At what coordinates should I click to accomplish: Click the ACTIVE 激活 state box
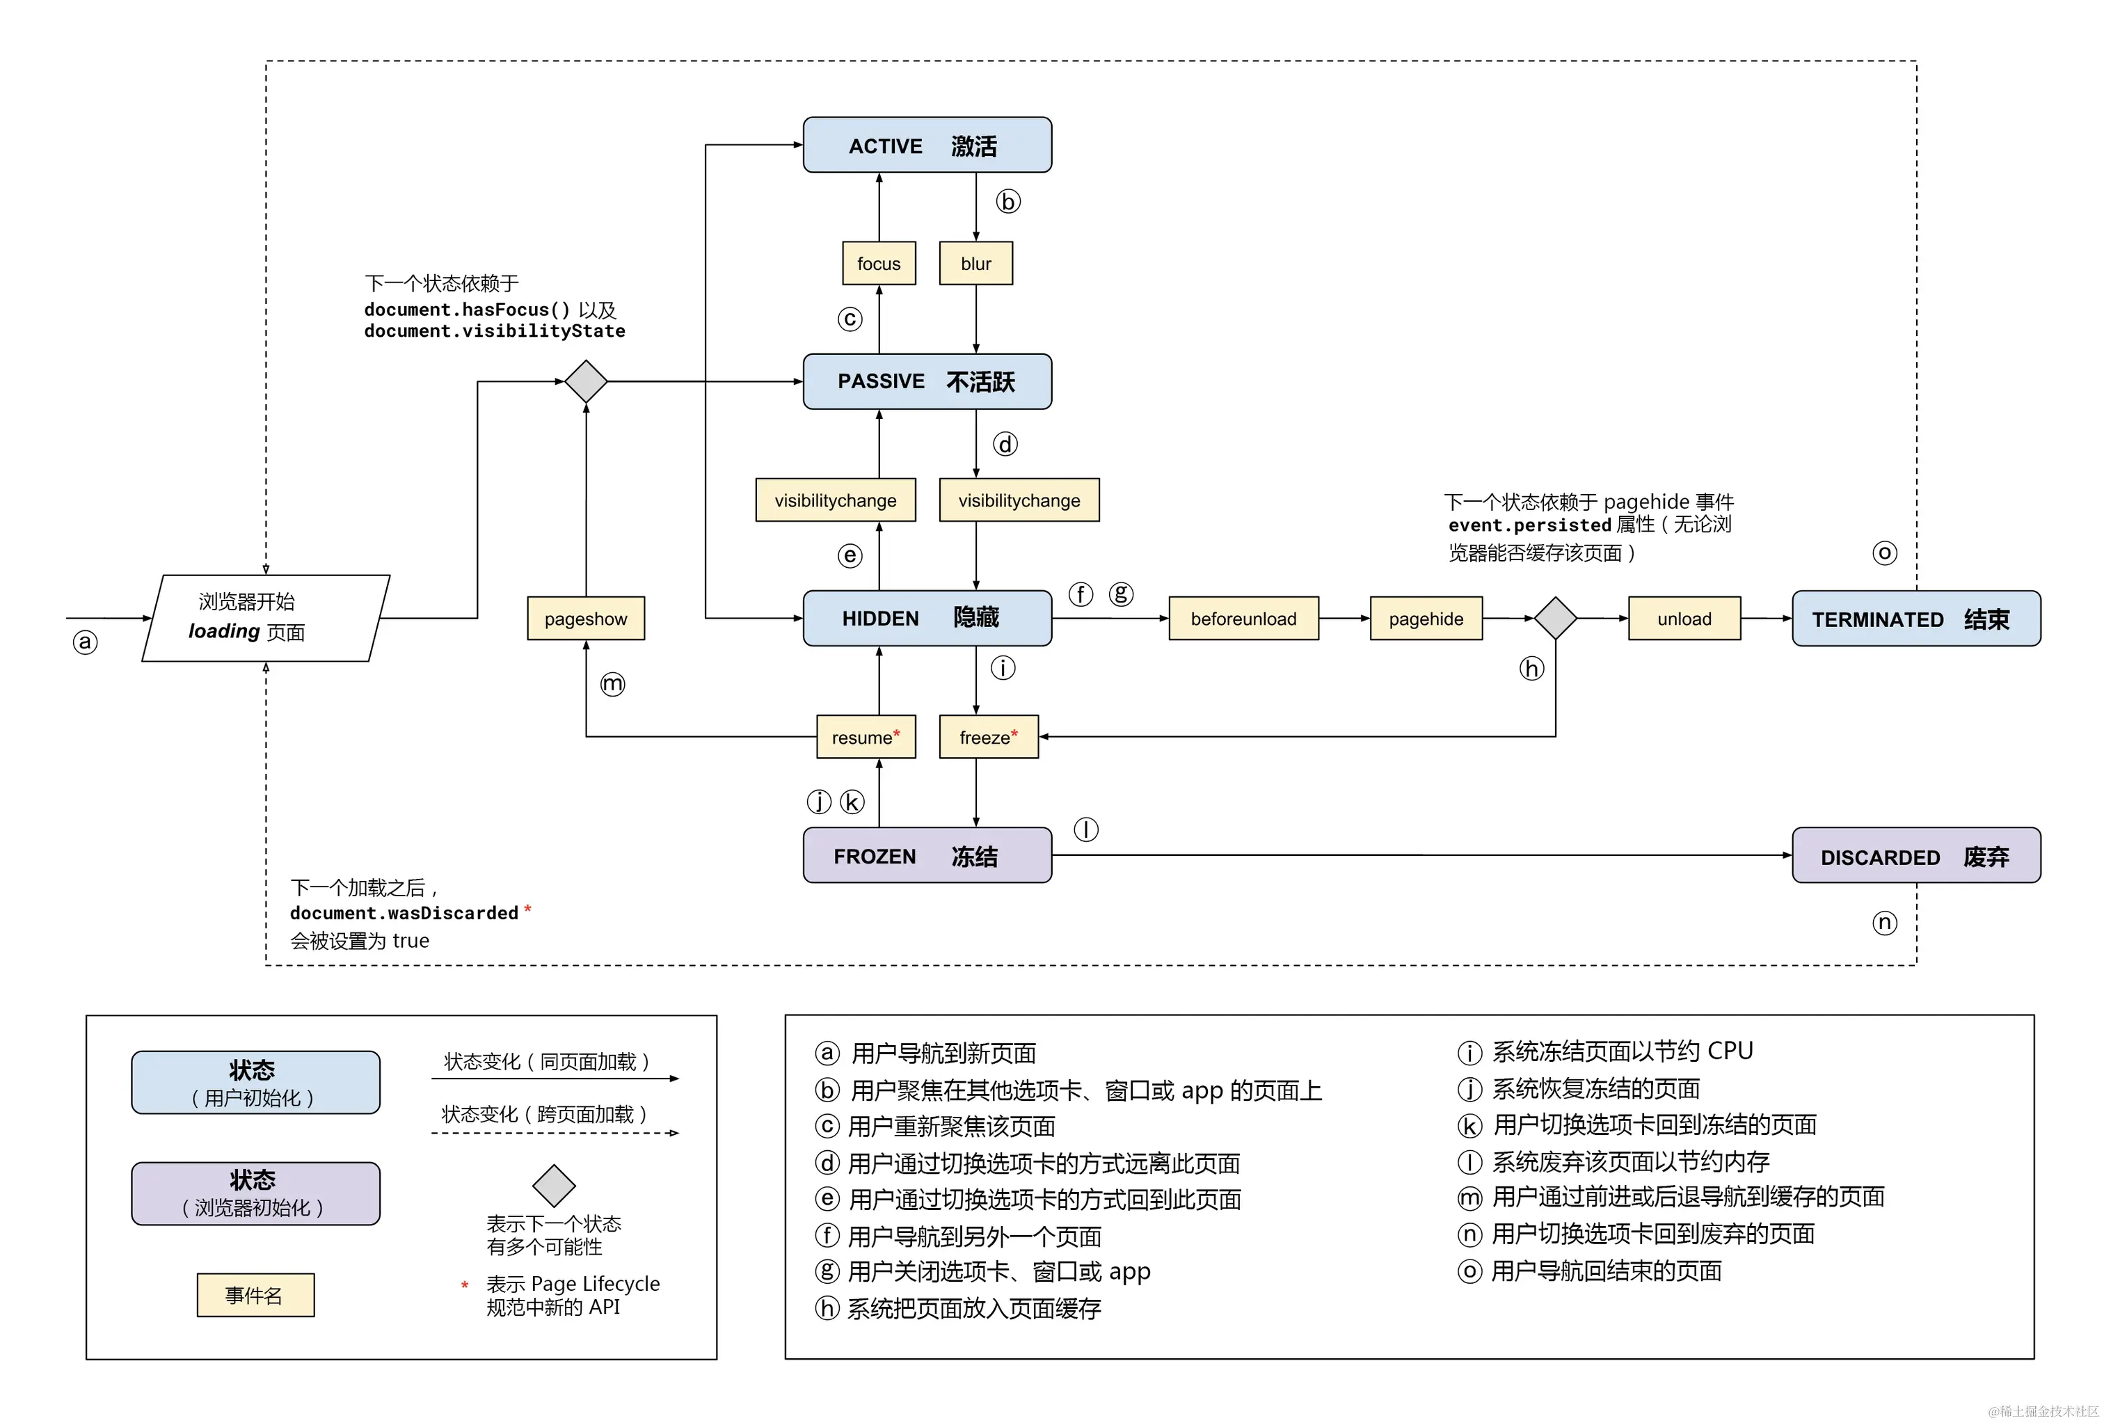926,145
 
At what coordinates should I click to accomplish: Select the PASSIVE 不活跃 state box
926,381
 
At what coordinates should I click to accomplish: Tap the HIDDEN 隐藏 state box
926,619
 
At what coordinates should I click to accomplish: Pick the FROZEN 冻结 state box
926,855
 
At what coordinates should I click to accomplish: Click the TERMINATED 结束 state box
1915,619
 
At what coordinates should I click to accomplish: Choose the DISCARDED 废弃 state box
1915,855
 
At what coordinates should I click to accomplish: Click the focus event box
878,264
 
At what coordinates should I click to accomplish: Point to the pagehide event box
1425,619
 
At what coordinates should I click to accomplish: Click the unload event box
1683,619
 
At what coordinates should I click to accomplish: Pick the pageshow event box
586,619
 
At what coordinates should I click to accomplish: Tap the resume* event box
866,737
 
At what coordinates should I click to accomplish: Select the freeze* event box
988,737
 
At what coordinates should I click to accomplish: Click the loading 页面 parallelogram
264,619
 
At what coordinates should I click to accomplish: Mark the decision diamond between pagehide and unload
1554,619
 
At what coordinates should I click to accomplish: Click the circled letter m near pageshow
613,683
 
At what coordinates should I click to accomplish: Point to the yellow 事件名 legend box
255,1294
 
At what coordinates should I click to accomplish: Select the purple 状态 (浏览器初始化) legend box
255,1193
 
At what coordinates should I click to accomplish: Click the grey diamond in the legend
554,1185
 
